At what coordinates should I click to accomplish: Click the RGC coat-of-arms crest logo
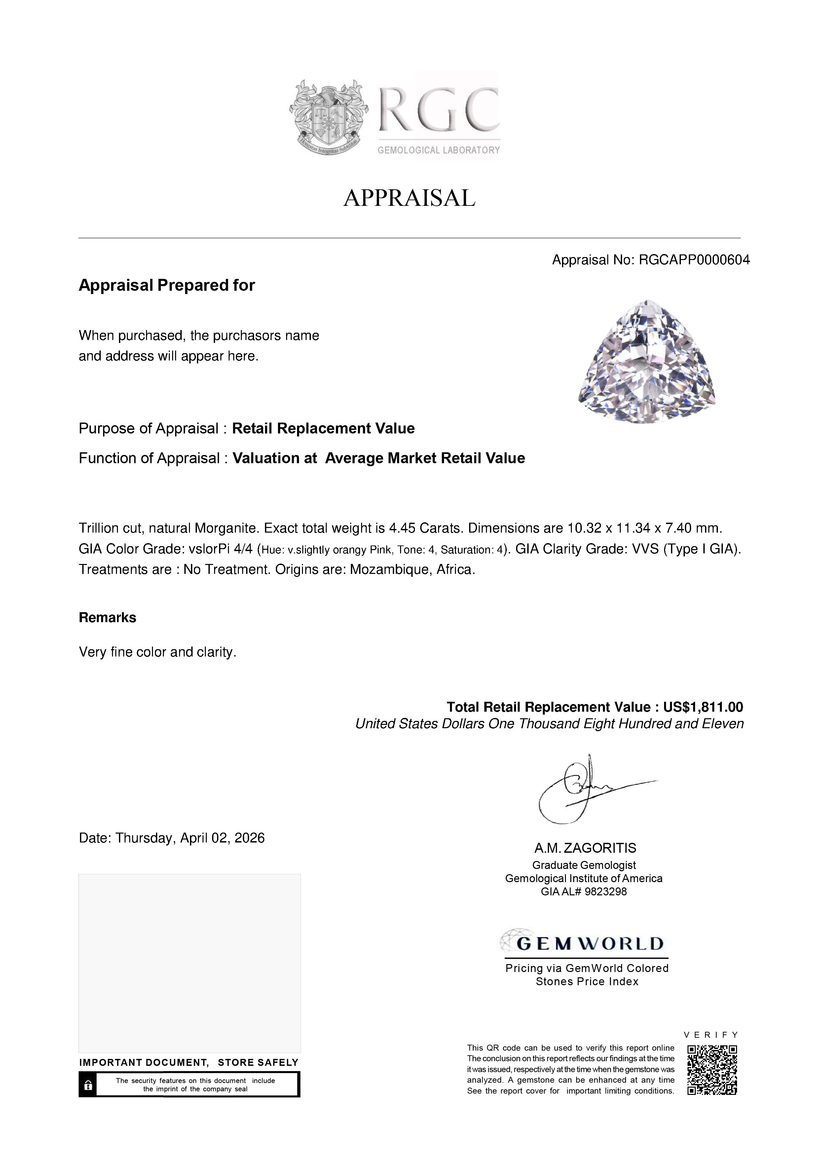[x=328, y=117]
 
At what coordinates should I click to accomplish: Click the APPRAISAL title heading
[x=409, y=198]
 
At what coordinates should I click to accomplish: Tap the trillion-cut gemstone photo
[x=647, y=362]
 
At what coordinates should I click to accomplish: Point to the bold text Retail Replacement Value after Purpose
[x=323, y=429]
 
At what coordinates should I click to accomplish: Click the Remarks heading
[x=107, y=618]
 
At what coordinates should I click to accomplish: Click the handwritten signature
[x=585, y=789]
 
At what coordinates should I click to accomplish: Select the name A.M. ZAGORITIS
[x=585, y=848]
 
